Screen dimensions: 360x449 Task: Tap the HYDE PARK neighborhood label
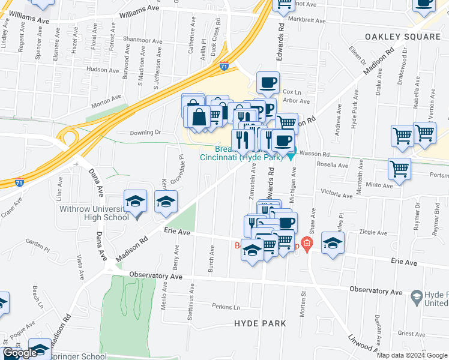click(259, 323)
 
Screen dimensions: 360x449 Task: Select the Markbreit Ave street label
click(306, 20)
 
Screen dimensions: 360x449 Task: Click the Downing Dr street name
click(146, 132)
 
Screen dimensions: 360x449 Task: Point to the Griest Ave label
click(411, 334)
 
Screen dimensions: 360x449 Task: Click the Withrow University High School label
click(94, 213)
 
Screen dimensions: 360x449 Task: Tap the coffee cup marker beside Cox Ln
click(268, 82)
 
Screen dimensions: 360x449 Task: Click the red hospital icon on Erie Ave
click(307, 244)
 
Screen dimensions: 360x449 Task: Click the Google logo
click(20, 353)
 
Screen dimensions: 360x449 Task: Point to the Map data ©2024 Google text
click(412, 355)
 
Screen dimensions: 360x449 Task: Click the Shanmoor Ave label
click(142, 40)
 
